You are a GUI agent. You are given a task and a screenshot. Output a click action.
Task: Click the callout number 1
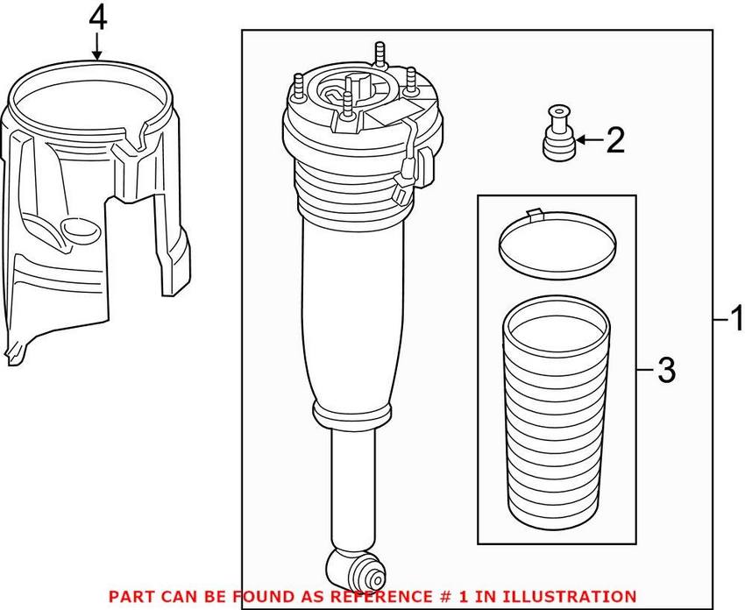pos(735,316)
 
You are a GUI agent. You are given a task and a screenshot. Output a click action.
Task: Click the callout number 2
pos(615,139)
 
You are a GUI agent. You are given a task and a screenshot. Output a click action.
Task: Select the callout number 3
pos(666,371)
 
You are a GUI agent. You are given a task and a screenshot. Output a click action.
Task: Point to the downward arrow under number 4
pos(97,47)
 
